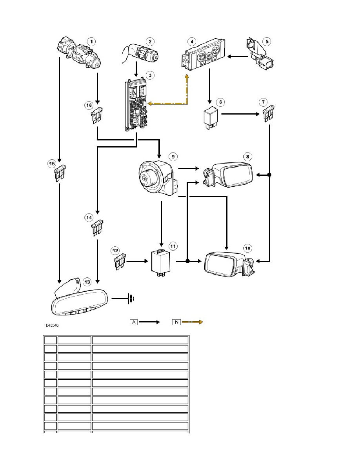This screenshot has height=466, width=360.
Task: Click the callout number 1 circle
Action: (91, 41)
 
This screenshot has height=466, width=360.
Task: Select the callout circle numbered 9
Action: (173, 157)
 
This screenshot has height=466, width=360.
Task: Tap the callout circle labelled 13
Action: (87, 282)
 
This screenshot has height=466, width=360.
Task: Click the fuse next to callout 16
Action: (98, 115)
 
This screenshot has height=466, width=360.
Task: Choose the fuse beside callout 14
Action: (98, 228)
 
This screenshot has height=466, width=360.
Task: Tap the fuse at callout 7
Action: (269, 113)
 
